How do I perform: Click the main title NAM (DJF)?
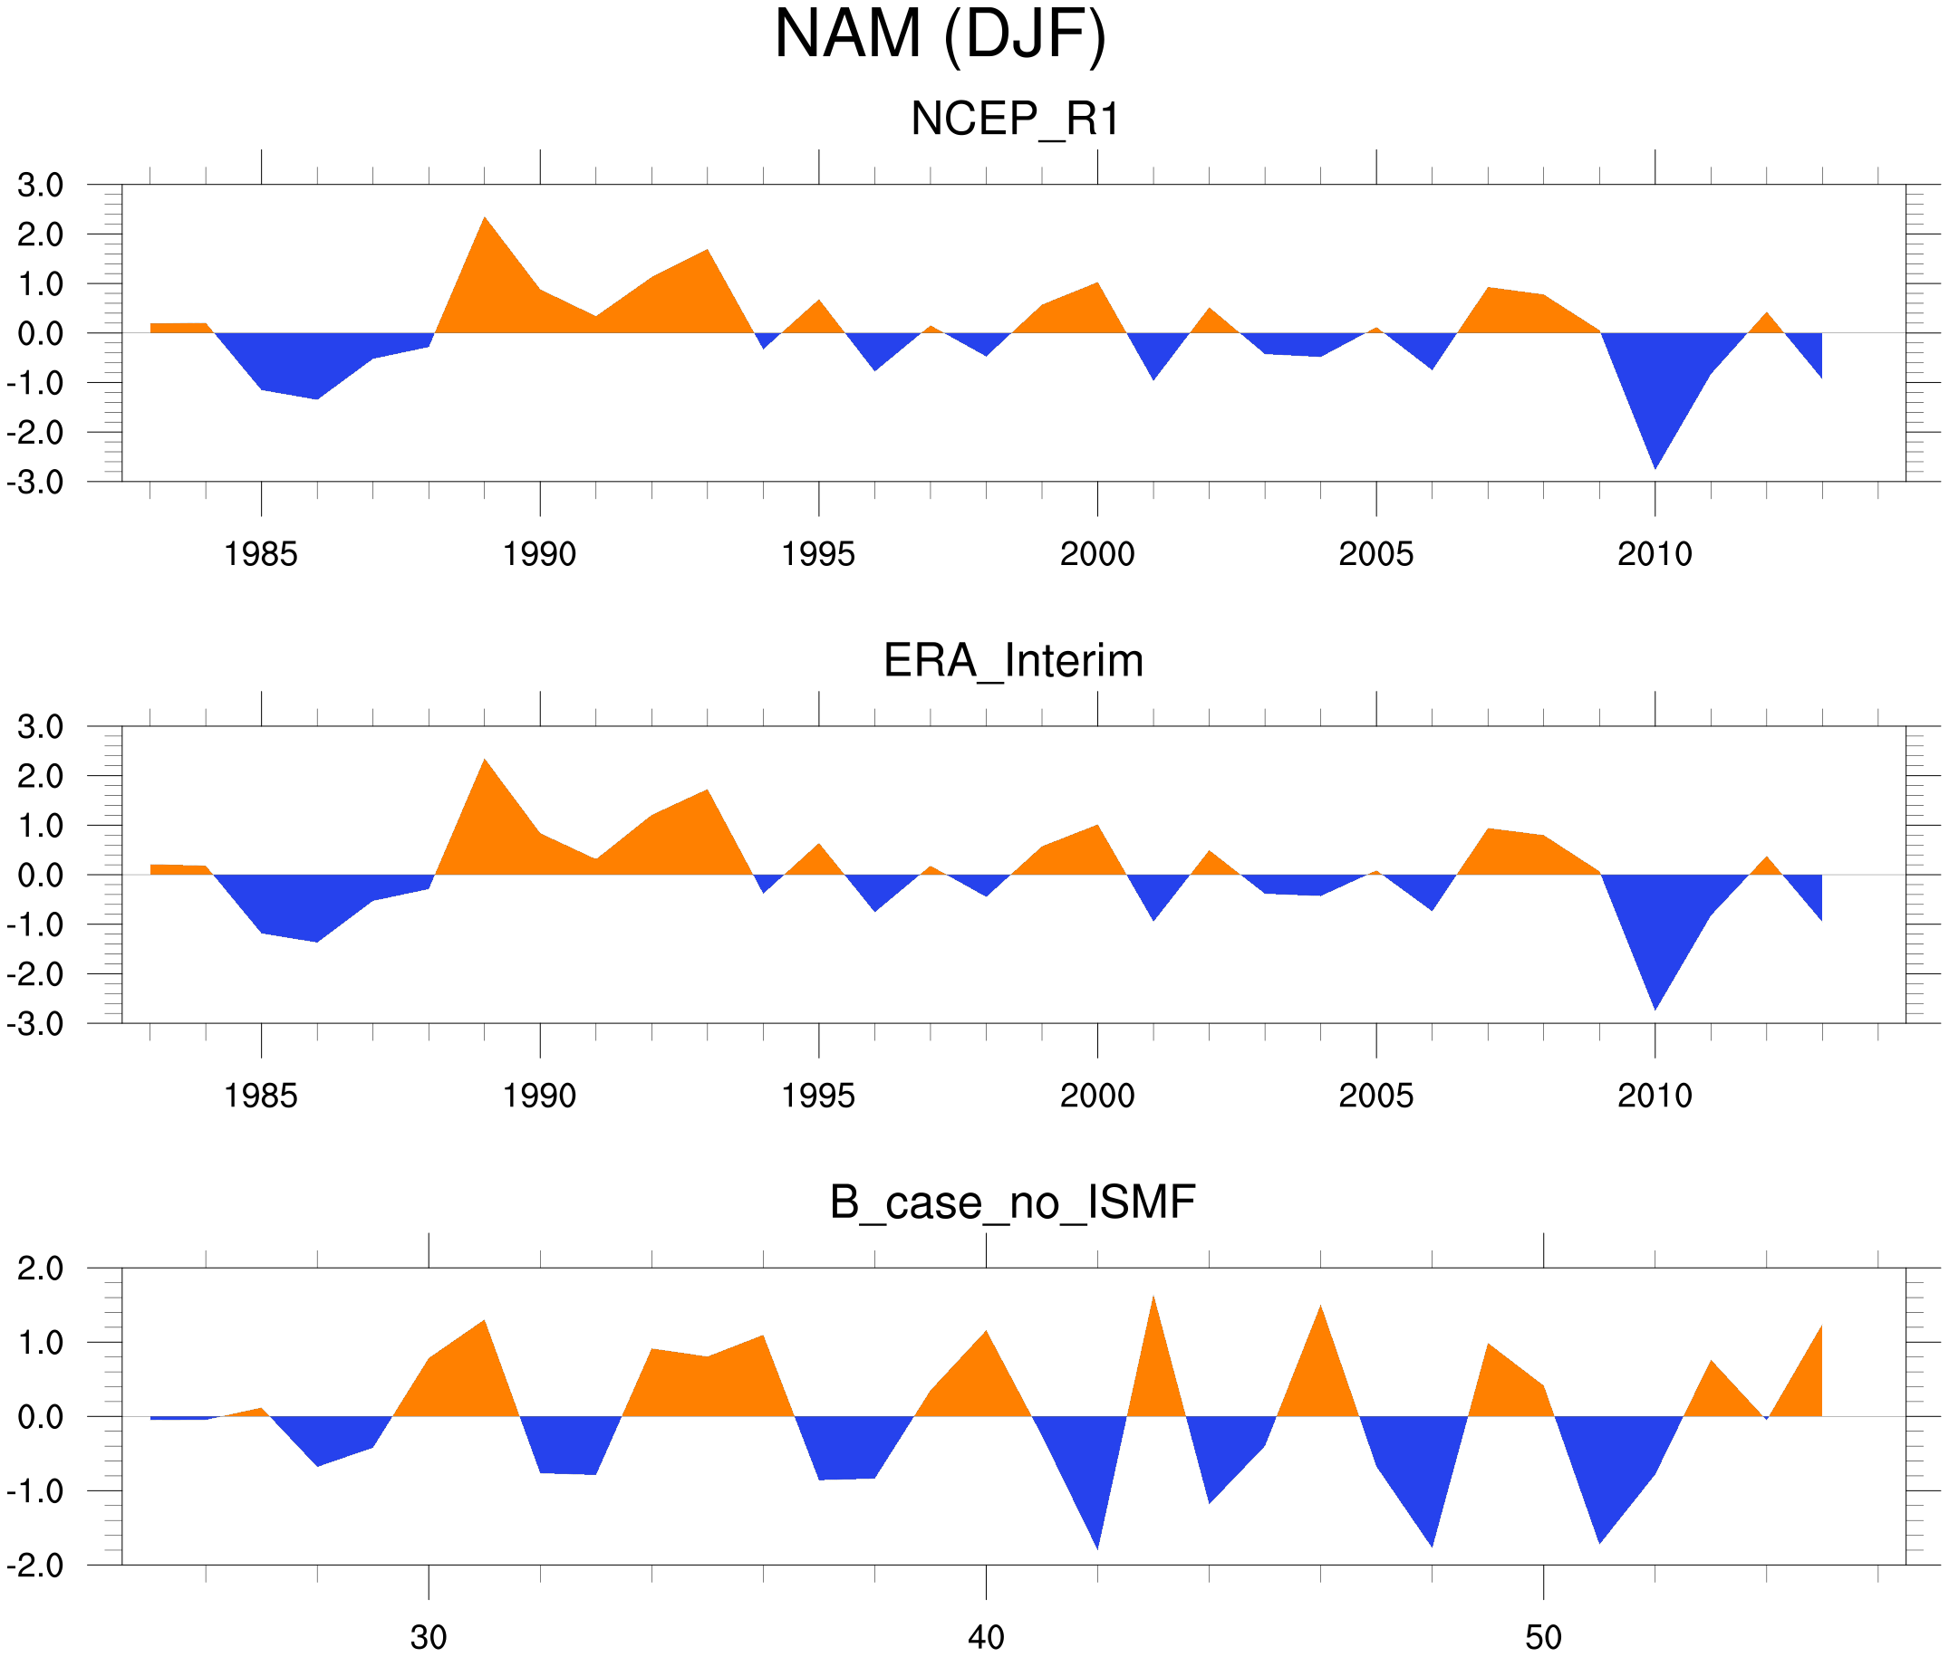(940, 35)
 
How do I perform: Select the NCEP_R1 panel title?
(1015, 120)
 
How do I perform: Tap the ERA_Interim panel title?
(1013, 660)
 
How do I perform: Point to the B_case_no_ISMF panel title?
(1012, 1202)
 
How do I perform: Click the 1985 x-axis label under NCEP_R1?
(260, 554)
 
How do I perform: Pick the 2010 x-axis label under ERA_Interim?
(1654, 1096)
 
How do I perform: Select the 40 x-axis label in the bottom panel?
(986, 1637)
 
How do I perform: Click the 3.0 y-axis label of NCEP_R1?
(41, 185)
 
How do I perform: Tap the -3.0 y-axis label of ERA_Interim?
(35, 1024)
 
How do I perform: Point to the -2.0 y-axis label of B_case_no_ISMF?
(35, 1566)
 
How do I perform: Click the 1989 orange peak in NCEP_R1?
(485, 220)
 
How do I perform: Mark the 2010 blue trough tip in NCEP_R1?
(1655, 466)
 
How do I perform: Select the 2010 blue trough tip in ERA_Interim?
(1655, 1007)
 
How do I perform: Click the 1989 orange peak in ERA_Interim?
(485, 761)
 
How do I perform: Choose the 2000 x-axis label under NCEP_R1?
(1096, 554)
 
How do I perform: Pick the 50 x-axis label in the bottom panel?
(1543, 1637)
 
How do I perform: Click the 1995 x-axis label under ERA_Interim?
(817, 1096)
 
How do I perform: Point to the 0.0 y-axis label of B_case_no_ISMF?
(41, 1417)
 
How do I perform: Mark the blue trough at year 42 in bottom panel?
(1097, 1545)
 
